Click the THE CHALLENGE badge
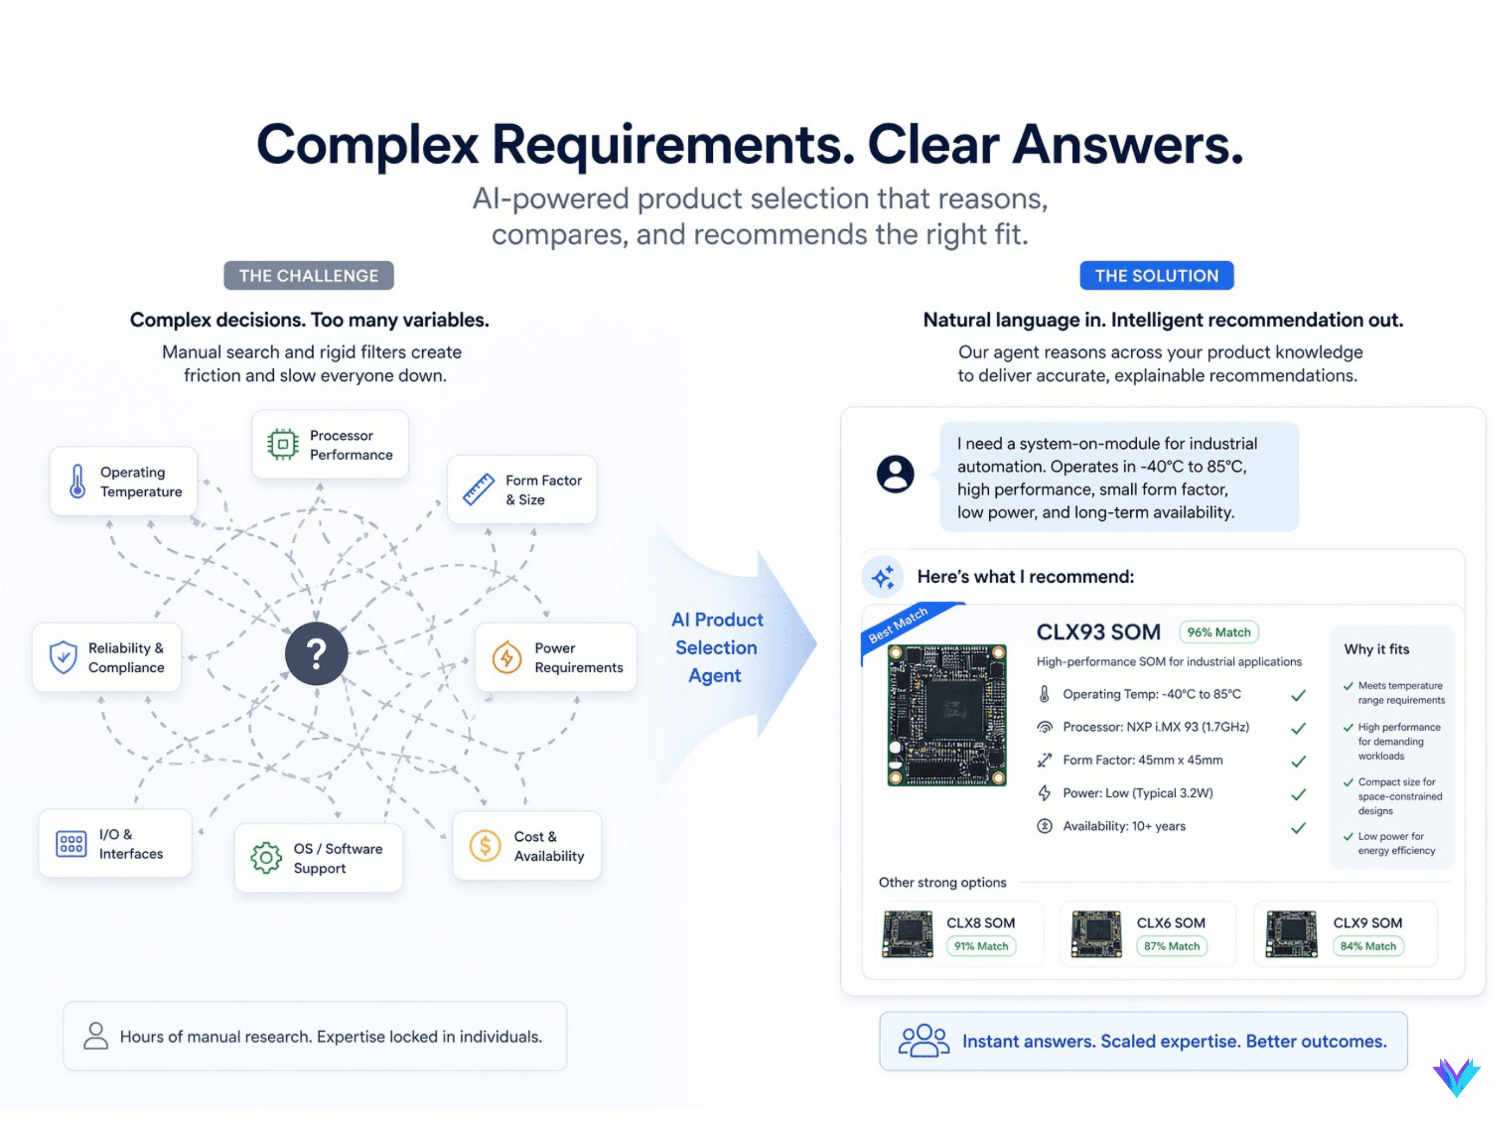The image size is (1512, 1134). pos(308,275)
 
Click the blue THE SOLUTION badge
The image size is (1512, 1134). pos(1156,275)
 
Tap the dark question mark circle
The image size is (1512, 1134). pos(316,653)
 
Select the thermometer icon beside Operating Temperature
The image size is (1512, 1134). pos(78,481)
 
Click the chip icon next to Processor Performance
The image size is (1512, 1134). pos(282,444)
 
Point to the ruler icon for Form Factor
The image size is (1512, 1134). pos(478,489)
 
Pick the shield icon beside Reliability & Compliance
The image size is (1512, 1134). pos(63,657)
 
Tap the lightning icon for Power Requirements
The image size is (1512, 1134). pos(507,657)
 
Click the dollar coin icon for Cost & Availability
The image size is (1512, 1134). pos(484,846)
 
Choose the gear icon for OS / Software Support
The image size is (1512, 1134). pos(266,858)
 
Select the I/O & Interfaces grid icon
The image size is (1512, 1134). pos(71,843)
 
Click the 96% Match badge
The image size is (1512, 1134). pos(1218,632)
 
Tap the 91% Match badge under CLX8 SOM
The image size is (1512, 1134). pos(981,946)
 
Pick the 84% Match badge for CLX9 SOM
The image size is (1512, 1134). pos(1368,946)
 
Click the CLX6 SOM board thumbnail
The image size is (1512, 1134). pos(1096,934)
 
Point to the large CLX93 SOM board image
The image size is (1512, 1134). pos(947,715)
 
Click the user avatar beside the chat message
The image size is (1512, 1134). pos(895,474)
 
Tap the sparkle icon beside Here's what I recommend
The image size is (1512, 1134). pos(882,577)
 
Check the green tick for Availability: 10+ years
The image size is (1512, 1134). pos(1298,828)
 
